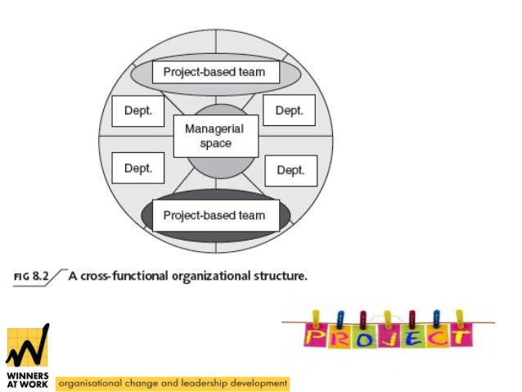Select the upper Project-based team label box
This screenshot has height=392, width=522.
click(214, 72)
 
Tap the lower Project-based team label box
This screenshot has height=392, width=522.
click(214, 215)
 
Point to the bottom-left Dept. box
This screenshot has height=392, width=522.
click(137, 169)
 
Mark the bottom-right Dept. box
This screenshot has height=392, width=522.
click(290, 170)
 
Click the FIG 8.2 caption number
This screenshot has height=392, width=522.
click(32, 277)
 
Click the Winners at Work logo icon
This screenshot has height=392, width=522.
click(28, 348)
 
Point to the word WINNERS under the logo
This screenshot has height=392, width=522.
click(26, 377)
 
